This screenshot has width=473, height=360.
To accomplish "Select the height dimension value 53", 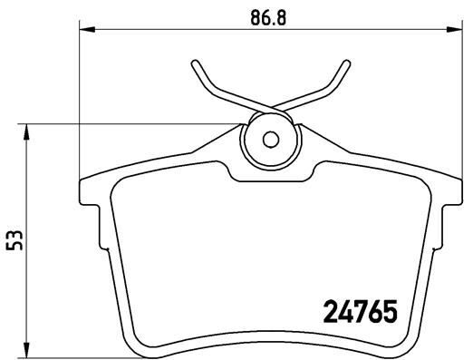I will (x=13, y=239).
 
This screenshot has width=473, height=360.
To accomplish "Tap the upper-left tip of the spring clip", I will (x=194, y=64).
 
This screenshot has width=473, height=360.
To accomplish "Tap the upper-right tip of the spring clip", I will (x=345, y=64).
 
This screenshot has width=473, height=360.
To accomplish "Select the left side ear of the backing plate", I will (x=89, y=192).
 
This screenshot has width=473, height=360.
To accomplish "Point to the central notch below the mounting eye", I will (x=269, y=174).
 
